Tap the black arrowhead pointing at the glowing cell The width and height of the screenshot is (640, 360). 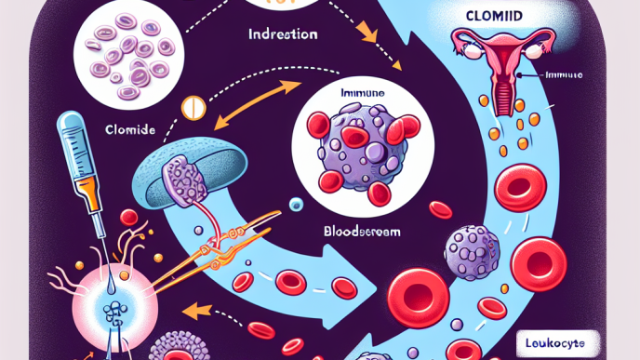click(193, 309)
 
